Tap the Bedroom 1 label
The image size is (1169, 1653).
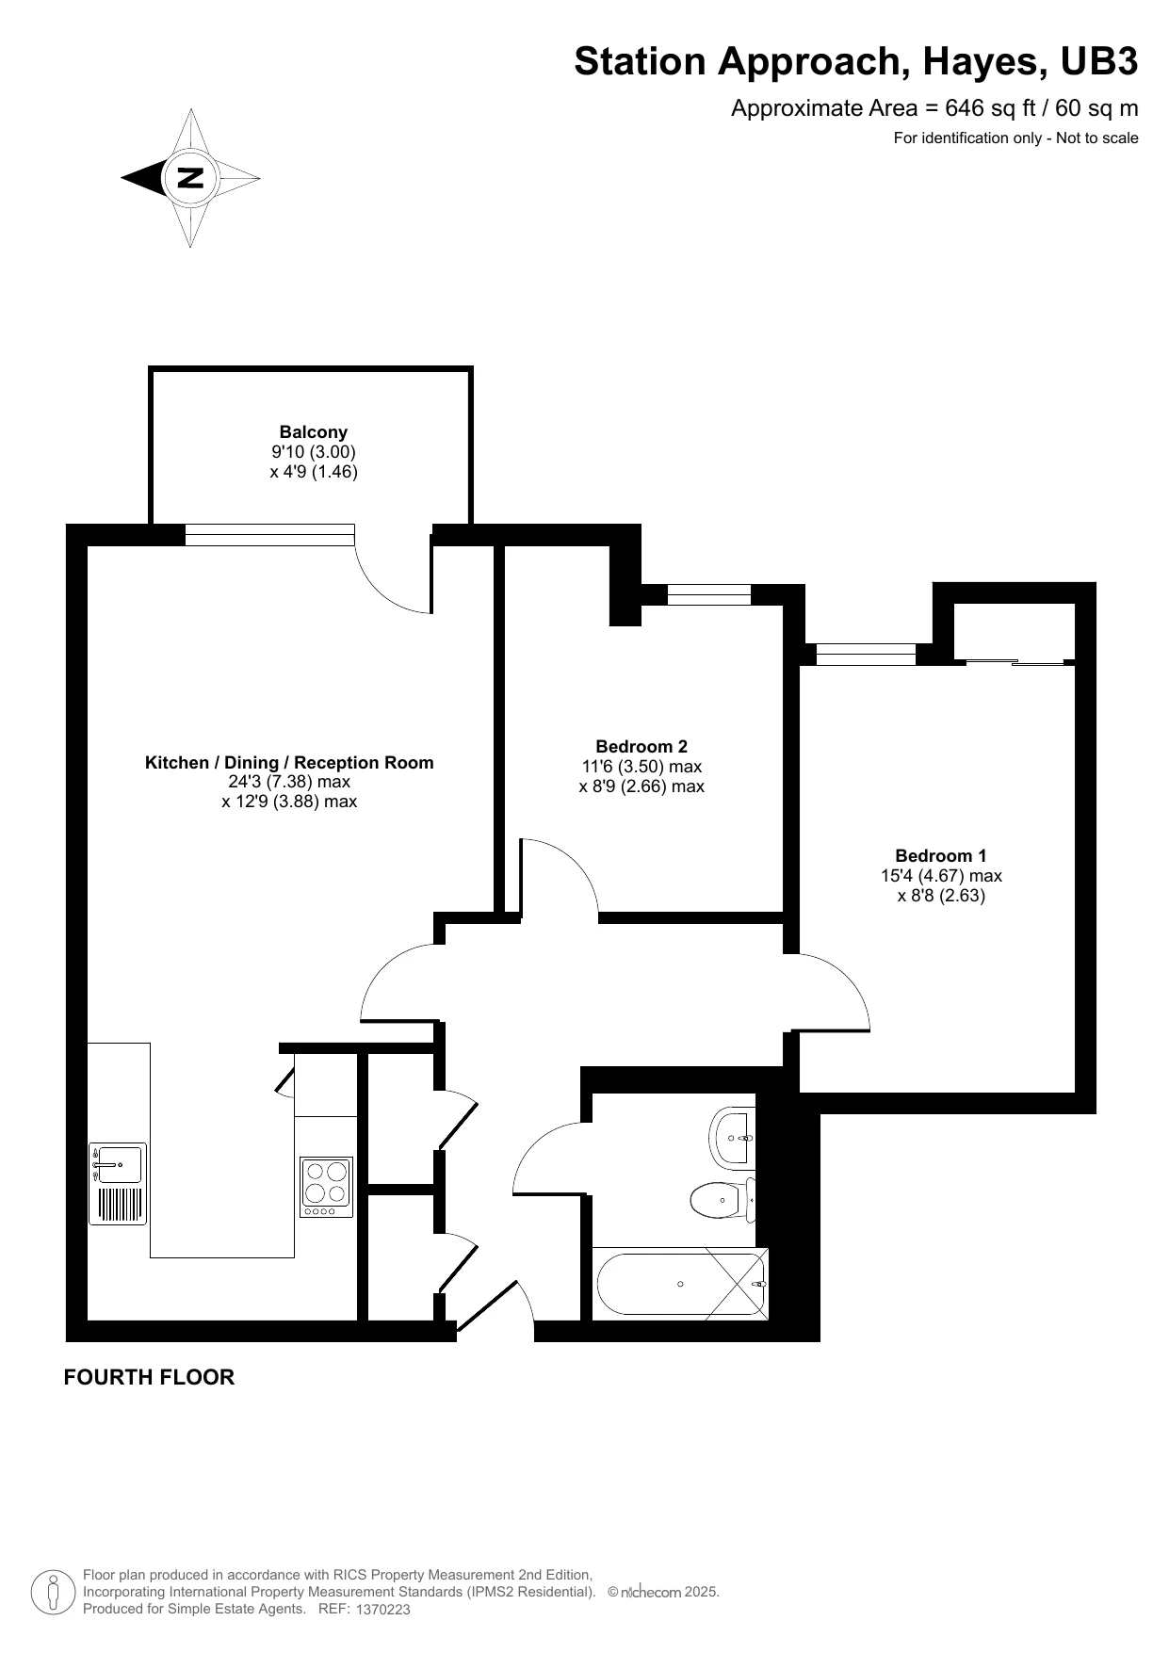941,855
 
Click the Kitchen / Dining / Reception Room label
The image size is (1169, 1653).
289,762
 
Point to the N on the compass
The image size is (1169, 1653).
190,177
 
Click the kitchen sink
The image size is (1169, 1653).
118,1184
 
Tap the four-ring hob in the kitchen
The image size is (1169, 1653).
327,1187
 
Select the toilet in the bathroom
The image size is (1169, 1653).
723,1200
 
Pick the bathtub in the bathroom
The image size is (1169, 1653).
681,1283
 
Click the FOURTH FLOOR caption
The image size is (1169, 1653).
149,1377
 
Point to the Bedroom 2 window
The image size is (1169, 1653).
709,594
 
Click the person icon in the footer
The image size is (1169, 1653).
54,1593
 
